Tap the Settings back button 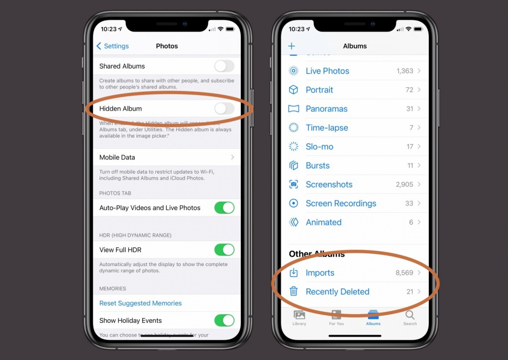point(113,46)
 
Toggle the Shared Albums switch point(224,66)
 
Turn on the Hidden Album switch point(224,108)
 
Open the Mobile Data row point(167,157)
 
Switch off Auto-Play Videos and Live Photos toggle point(224,208)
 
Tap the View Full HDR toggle point(224,250)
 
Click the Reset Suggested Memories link point(140,303)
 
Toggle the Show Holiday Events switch point(224,320)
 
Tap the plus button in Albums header point(292,46)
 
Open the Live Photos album point(328,71)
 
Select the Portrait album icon point(294,90)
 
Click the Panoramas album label point(327,109)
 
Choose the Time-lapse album point(327,128)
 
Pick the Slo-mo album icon point(294,147)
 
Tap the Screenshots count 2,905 point(404,184)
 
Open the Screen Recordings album point(341,204)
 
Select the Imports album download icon point(294,273)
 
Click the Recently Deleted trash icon point(294,291)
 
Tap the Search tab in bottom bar point(410,317)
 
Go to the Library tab point(299,317)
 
